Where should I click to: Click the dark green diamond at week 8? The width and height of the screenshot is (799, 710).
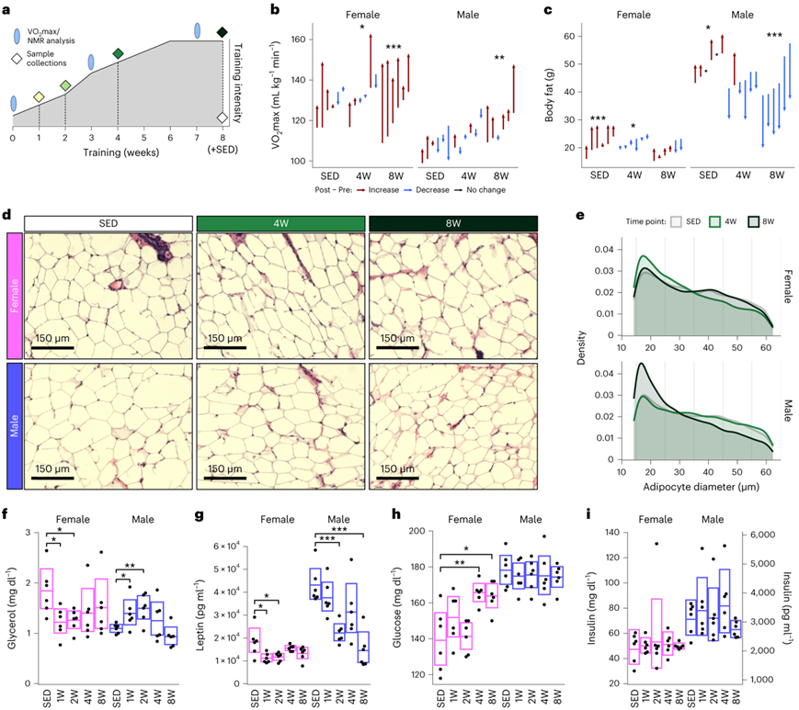click(x=223, y=33)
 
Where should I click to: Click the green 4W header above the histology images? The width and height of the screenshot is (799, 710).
click(x=280, y=224)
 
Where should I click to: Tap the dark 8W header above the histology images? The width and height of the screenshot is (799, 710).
click(x=452, y=224)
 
